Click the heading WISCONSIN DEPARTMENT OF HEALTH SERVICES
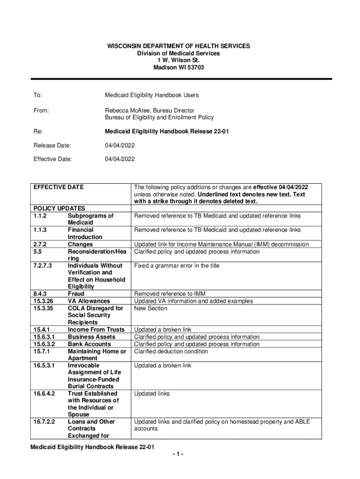[x=179, y=46]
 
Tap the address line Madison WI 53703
[x=179, y=67]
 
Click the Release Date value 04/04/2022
[x=119, y=145]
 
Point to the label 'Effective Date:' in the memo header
[x=52, y=159]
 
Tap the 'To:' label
[x=37, y=95]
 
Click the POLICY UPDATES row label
[x=59, y=208]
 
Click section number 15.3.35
[x=44, y=308]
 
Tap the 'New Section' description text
[x=151, y=308]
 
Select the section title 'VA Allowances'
[x=89, y=301]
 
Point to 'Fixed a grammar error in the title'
[x=176, y=266]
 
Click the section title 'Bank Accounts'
[x=89, y=344]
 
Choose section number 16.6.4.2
[x=44, y=393]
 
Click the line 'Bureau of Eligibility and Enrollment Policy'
[x=159, y=117]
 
